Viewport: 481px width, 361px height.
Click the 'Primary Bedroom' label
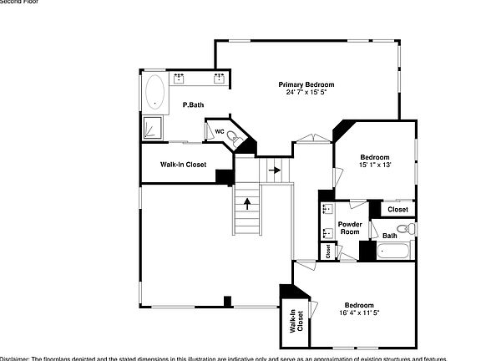[x=306, y=84]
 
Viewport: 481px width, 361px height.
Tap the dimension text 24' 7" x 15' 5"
[x=306, y=92]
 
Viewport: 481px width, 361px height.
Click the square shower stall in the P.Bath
[x=153, y=127]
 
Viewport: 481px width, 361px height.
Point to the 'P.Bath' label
[x=193, y=104]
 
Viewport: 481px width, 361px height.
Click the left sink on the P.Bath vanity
[x=180, y=79]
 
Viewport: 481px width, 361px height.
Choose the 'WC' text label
[x=220, y=131]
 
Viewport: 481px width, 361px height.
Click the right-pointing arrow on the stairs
[x=273, y=170]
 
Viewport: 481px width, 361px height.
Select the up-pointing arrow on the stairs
[x=246, y=201]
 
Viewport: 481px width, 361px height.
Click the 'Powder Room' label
[x=349, y=229]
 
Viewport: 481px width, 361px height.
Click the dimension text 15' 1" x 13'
[x=375, y=165]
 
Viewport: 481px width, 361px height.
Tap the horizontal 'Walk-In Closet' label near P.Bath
[x=184, y=165]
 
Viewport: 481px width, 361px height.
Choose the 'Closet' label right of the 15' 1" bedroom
[x=397, y=209]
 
